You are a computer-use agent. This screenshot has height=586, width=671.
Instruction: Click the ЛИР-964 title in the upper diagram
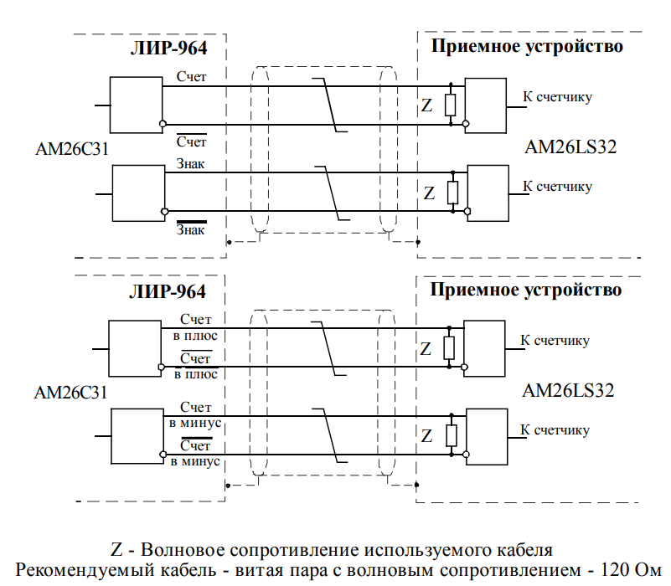click(x=168, y=48)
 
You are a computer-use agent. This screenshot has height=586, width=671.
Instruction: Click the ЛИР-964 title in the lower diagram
click(x=168, y=291)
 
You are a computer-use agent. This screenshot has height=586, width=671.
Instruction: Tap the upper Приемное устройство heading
click(x=527, y=46)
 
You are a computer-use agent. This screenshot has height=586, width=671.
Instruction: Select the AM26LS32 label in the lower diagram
click(x=569, y=390)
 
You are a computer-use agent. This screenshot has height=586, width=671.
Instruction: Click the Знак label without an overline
click(x=190, y=164)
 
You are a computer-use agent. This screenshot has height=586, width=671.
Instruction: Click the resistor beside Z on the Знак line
click(x=452, y=192)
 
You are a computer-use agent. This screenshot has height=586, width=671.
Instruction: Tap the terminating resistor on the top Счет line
click(x=452, y=105)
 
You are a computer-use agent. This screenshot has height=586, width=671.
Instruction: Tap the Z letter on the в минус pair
click(x=426, y=436)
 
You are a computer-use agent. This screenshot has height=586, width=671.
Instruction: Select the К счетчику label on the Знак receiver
click(x=558, y=186)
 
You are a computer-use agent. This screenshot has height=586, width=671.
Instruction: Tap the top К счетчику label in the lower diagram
click(x=556, y=340)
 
